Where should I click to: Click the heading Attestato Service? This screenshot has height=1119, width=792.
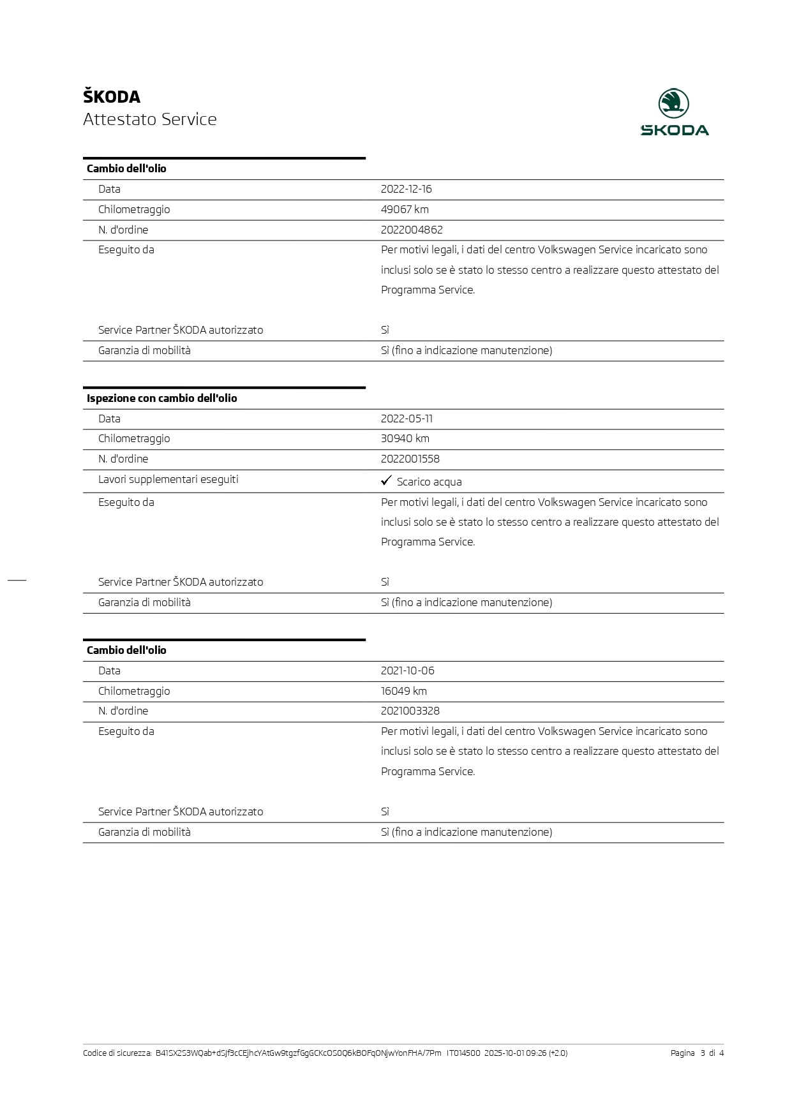150,119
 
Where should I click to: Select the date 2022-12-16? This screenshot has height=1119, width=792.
406,189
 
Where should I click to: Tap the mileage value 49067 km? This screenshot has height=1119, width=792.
405,209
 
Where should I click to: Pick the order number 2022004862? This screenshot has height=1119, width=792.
412,230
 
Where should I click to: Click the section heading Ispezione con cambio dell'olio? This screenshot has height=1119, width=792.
162,398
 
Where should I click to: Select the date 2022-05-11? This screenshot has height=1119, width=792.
407,419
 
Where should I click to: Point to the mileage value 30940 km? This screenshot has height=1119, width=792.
405,438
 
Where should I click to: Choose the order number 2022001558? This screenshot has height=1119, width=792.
410,459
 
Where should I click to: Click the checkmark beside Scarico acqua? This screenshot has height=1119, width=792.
386,480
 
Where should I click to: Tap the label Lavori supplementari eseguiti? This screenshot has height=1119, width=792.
168,479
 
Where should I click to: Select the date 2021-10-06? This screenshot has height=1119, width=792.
407,671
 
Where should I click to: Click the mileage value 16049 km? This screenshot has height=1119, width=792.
404,691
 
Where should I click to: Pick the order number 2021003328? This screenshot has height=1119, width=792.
410,711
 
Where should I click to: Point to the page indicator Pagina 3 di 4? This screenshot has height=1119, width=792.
697,1053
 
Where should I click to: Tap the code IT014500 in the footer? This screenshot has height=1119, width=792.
463,1053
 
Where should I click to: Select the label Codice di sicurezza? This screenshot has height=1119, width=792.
117,1053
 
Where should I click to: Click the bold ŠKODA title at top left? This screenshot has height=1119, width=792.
112,97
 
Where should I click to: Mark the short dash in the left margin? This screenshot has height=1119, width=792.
17,579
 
